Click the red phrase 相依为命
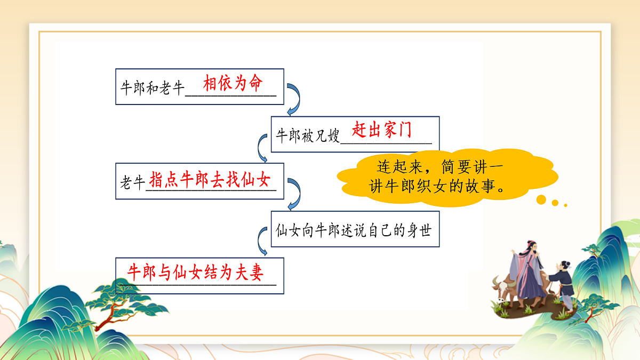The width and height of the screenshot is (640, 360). (x=233, y=84)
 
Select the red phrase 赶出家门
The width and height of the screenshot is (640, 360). (x=382, y=130)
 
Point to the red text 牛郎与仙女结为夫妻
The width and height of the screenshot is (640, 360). (x=196, y=273)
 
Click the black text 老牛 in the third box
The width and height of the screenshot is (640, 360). (x=133, y=183)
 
